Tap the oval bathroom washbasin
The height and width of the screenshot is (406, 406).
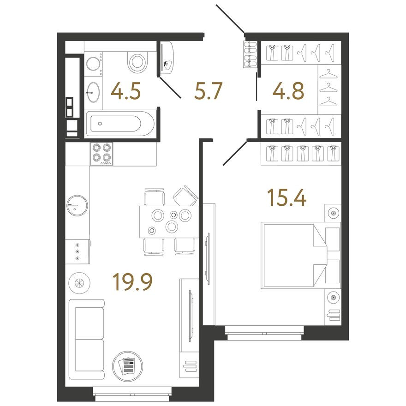(x=93, y=92)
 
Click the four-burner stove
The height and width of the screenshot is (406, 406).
(x=102, y=153)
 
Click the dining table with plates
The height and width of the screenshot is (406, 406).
(x=169, y=221)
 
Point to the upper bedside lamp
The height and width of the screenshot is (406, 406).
(x=332, y=213)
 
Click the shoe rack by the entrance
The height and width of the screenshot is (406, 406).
(x=251, y=55)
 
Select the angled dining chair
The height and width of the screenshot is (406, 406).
(x=185, y=196)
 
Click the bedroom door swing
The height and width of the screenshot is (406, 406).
(x=234, y=153)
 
